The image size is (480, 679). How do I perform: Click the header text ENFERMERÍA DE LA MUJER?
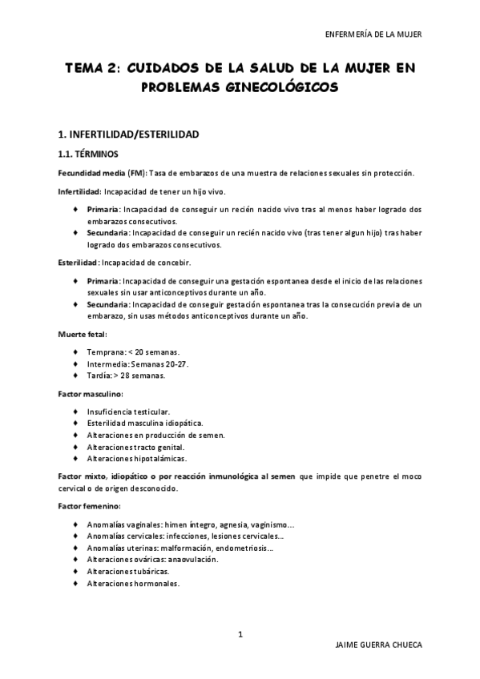coord(373,34)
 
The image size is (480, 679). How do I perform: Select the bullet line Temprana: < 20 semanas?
coord(134,352)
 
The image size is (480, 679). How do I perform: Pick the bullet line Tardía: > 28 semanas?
coord(127,375)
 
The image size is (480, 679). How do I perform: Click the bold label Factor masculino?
coord(90,394)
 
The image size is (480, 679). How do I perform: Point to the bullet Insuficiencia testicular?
coord(128,412)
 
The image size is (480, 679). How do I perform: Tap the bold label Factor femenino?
coord(89,507)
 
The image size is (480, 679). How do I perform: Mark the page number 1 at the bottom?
coord(240,635)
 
